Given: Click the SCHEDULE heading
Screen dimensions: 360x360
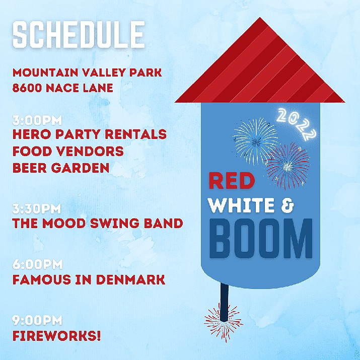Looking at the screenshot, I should [79, 35].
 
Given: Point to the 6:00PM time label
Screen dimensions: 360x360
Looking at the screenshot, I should [37, 264].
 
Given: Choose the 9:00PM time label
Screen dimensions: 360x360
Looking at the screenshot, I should [37, 320].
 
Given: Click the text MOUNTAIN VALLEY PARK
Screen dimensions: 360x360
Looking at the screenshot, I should [84, 73].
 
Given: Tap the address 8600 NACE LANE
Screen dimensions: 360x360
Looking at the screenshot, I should [62, 89].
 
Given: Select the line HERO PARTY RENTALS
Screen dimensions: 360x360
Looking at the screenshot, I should [89, 134].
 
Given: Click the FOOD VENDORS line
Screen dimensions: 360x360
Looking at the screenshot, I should [68, 151].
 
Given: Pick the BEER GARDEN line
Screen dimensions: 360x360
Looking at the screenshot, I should [61, 168].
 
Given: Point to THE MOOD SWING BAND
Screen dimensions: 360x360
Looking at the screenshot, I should [97, 223].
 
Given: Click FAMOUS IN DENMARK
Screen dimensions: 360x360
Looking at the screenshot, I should [89, 279].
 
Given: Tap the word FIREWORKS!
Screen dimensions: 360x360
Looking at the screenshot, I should [56, 335].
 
